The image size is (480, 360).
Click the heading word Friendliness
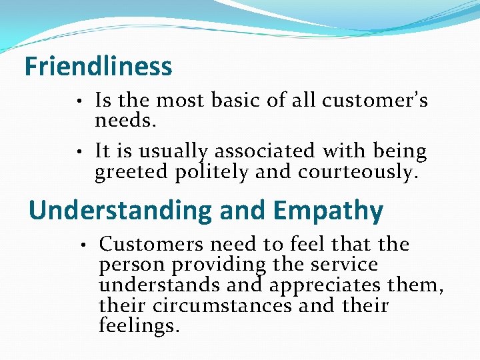point(98,67)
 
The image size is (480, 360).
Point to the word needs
point(125,121)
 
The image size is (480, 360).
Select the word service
point(344,265)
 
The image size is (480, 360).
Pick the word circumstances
point(222,306)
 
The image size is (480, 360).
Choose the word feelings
point(139,327)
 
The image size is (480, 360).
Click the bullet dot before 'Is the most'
point(79,102)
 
